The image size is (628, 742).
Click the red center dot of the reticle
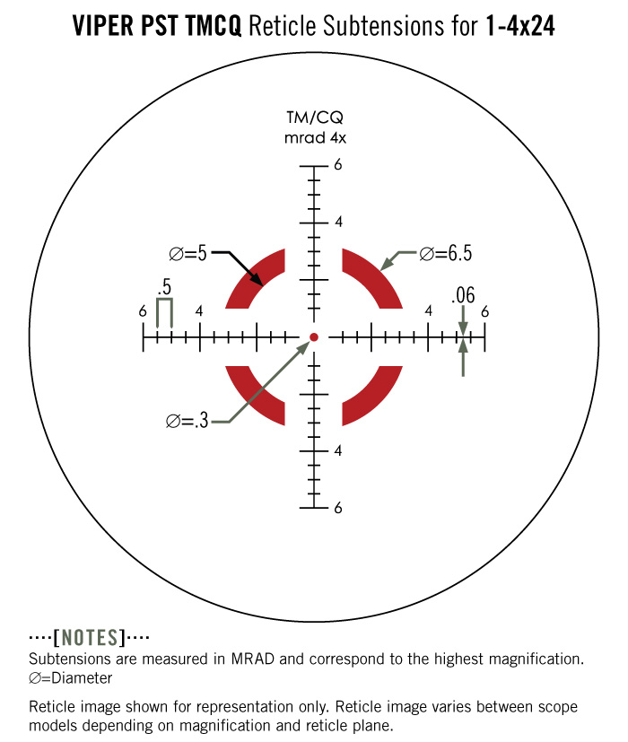[314, 337]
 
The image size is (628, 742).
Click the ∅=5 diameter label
[188, 254]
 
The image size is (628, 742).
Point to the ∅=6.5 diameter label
[446, 254]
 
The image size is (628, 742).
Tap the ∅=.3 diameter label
[188, 420]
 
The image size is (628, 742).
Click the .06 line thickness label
[463, 295]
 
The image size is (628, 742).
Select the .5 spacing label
[164, 287]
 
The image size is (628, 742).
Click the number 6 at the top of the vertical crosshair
[338, 165]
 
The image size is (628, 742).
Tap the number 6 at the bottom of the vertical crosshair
[338, 508]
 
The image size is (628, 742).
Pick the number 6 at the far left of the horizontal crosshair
[143, 311]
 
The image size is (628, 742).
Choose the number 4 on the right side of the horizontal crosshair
[428, 310]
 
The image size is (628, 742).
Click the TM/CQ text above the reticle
[315, 118]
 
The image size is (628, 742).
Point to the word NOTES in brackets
[90, 637]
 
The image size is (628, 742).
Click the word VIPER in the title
[103, 25]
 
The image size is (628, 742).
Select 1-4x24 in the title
[520, 25]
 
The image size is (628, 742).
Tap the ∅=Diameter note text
[71, 678]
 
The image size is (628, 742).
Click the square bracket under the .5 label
[164, 299]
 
